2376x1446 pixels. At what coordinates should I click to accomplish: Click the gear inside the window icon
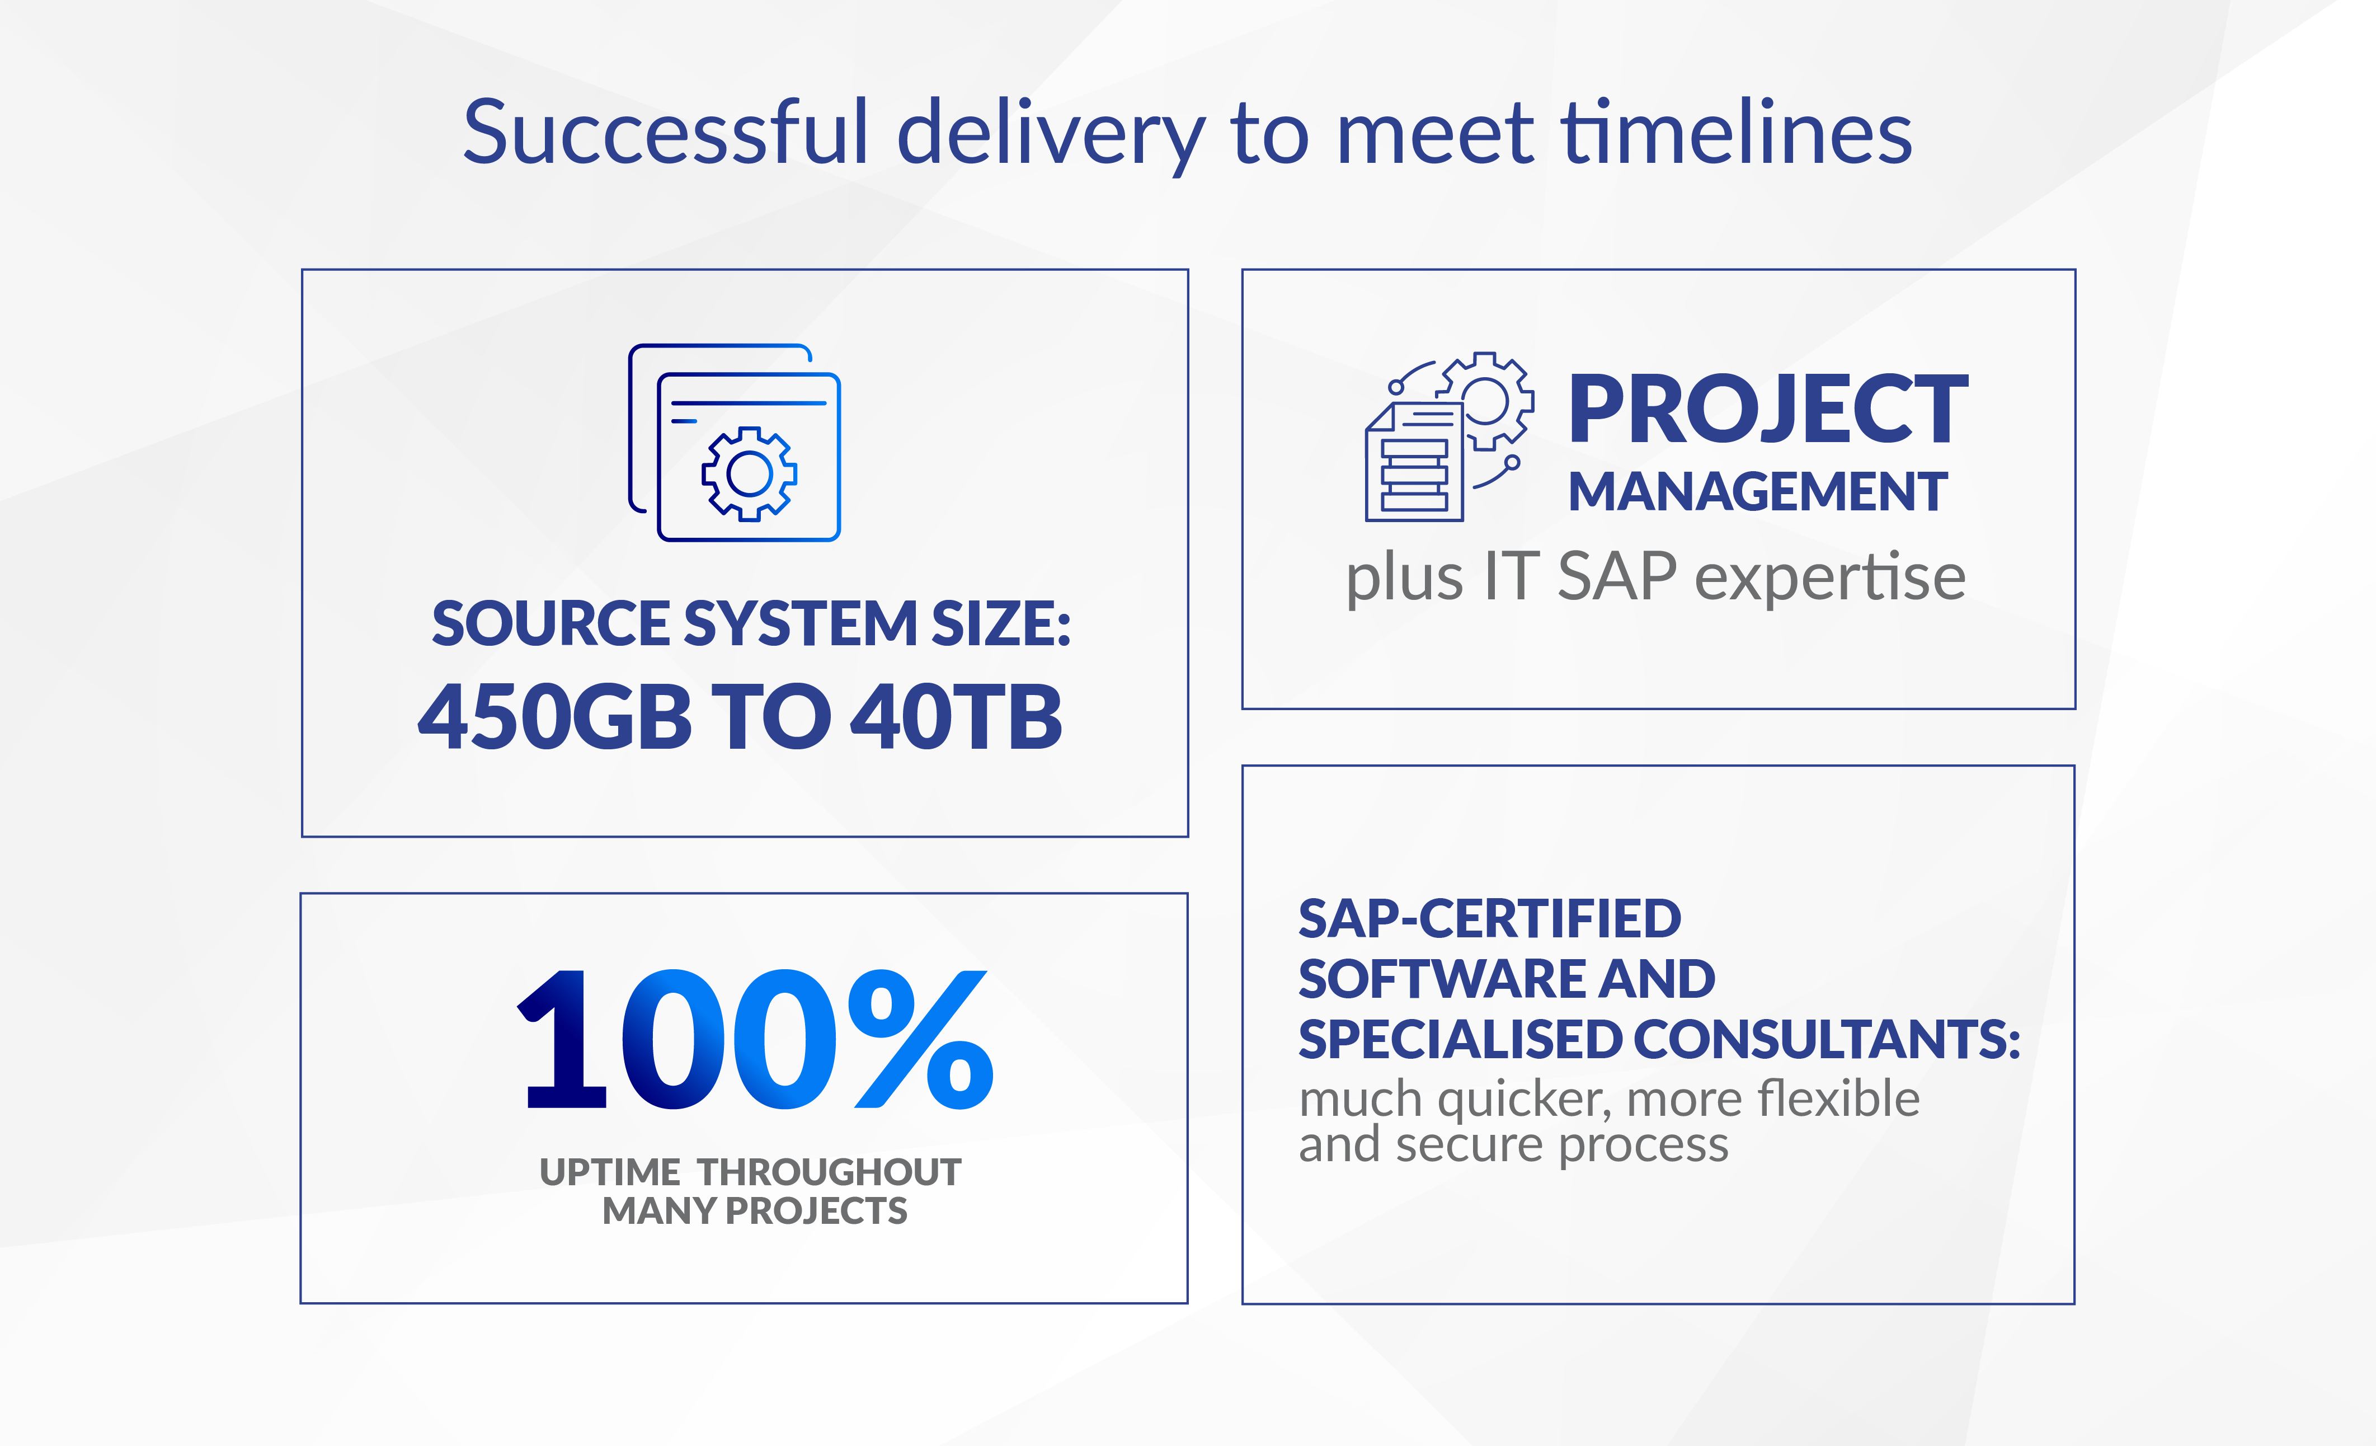tap(749, 473)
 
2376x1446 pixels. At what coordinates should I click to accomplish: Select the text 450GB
tap(554, 717)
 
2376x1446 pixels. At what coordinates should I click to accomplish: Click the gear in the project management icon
tap(1485, 400)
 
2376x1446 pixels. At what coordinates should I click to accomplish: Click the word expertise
tap(1829, 579)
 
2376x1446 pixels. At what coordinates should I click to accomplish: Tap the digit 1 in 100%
tap(564, 1040)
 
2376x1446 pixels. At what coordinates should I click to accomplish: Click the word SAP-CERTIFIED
tap(1490, 918)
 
